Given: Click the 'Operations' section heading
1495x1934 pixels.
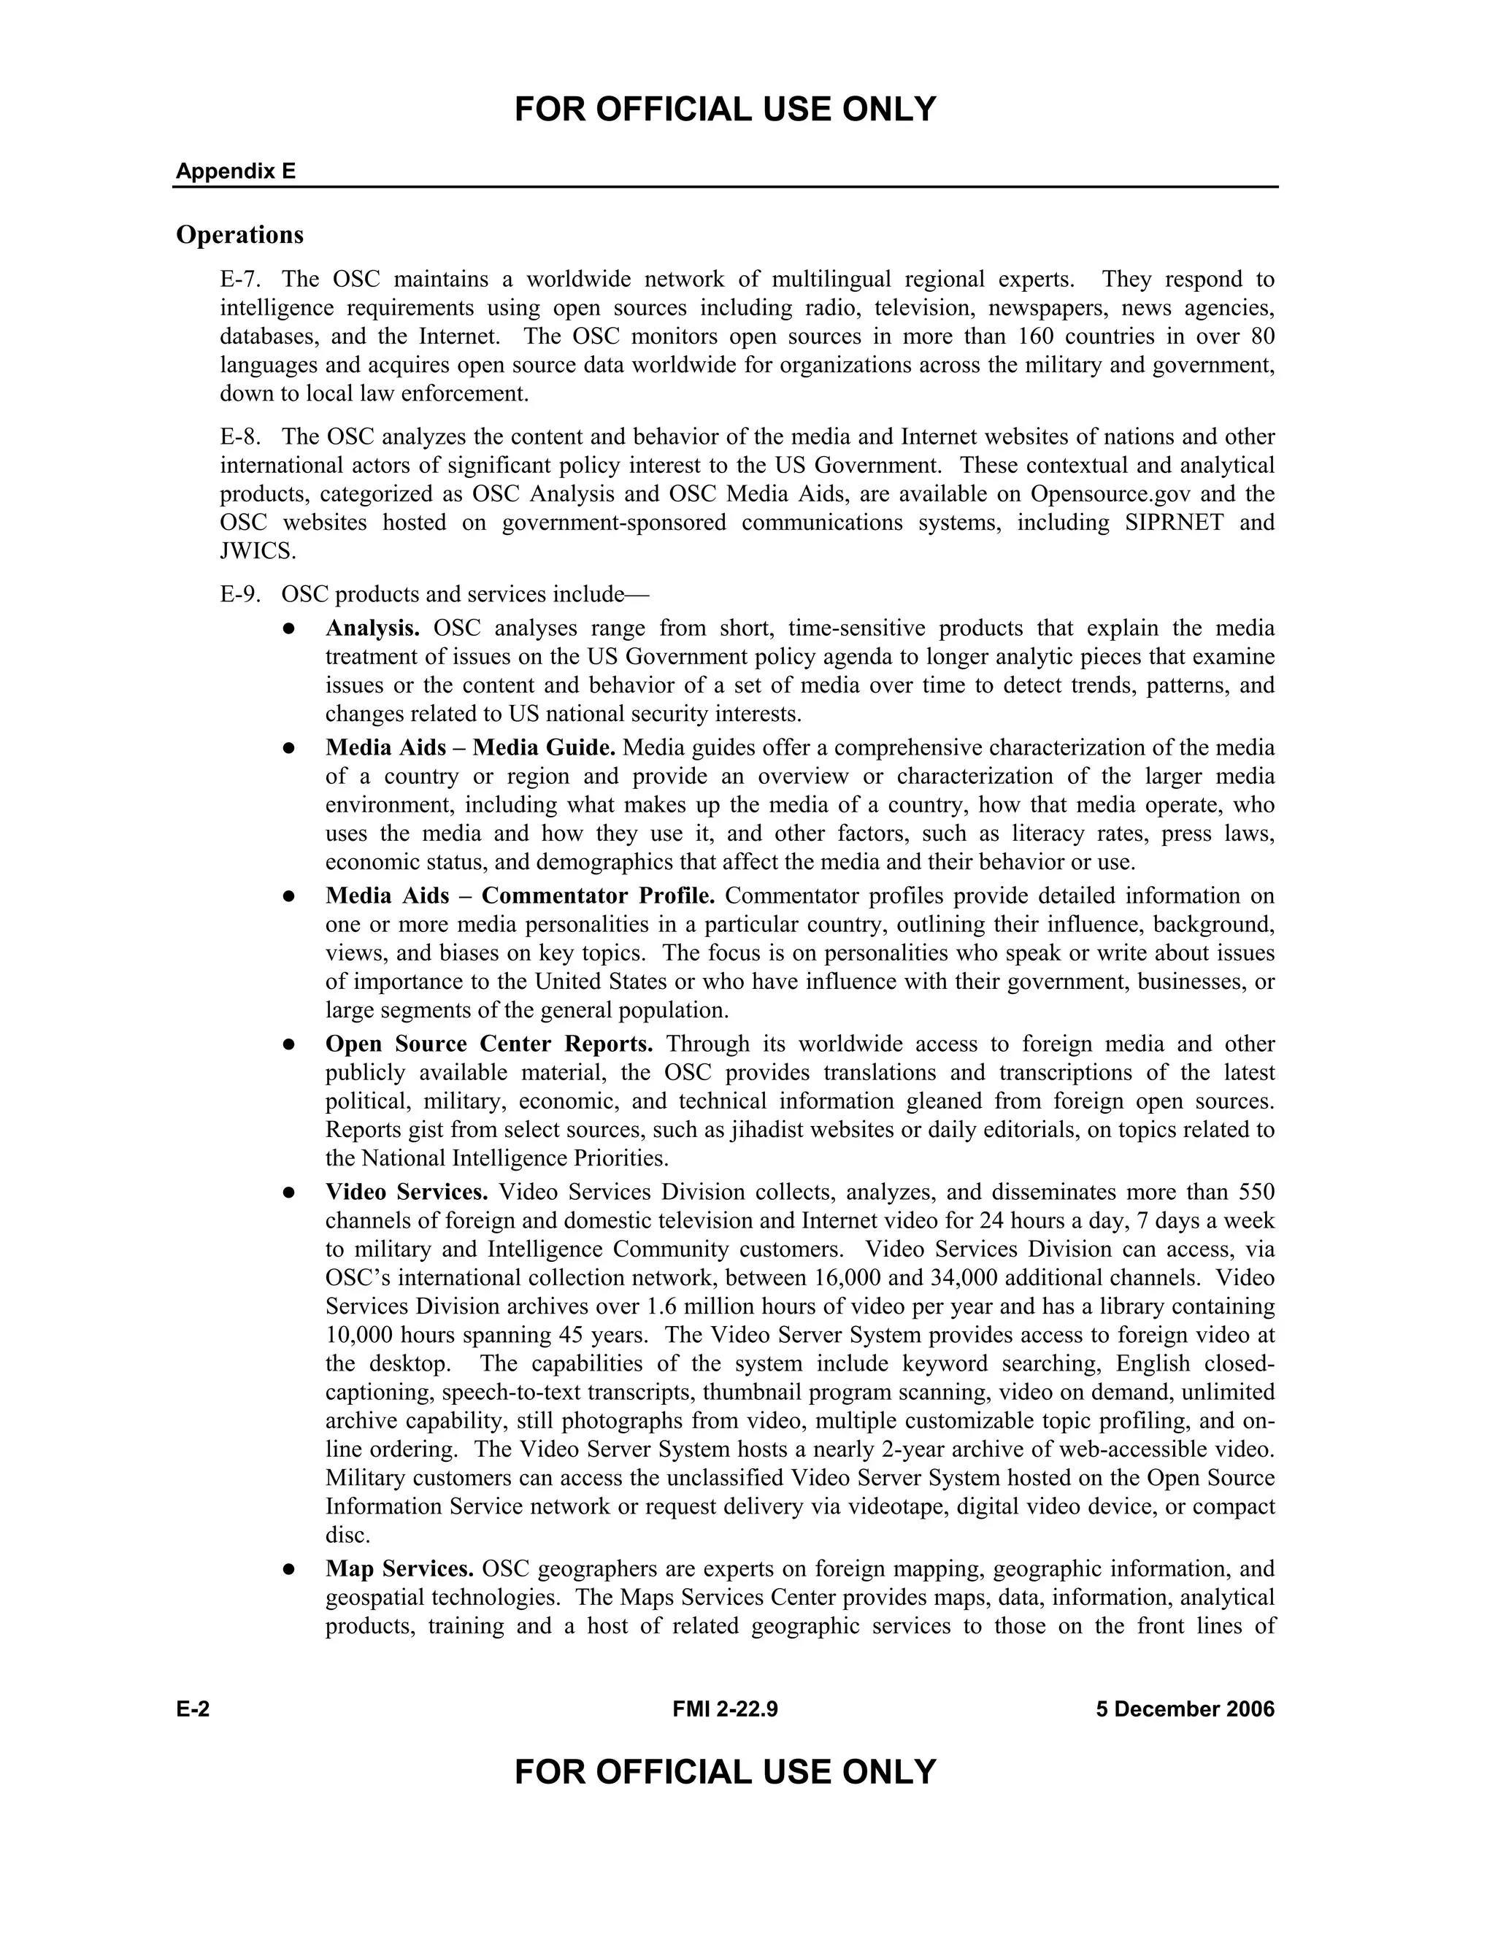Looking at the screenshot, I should click(239, 235).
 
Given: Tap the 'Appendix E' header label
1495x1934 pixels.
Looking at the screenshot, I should click(236, 171).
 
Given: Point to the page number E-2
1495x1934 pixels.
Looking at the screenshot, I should click(192, 1709).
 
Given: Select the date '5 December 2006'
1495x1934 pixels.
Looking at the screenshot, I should click(1184, 1709).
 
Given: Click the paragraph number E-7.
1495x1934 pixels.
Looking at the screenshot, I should click(240, 280).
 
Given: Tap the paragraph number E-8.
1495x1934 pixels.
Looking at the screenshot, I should click(240, 436).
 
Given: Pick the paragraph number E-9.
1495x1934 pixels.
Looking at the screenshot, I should click(240, 594).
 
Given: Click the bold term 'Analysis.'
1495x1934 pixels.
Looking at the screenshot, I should click(372, 628).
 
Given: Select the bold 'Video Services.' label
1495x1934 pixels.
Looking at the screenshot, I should click(407, 1192).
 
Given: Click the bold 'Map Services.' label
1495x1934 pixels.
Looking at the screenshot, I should click(399, 1569).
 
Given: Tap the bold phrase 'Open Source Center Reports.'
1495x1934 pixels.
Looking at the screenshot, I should click(489, 1044).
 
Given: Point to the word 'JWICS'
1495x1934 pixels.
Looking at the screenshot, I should click(256, 552).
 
